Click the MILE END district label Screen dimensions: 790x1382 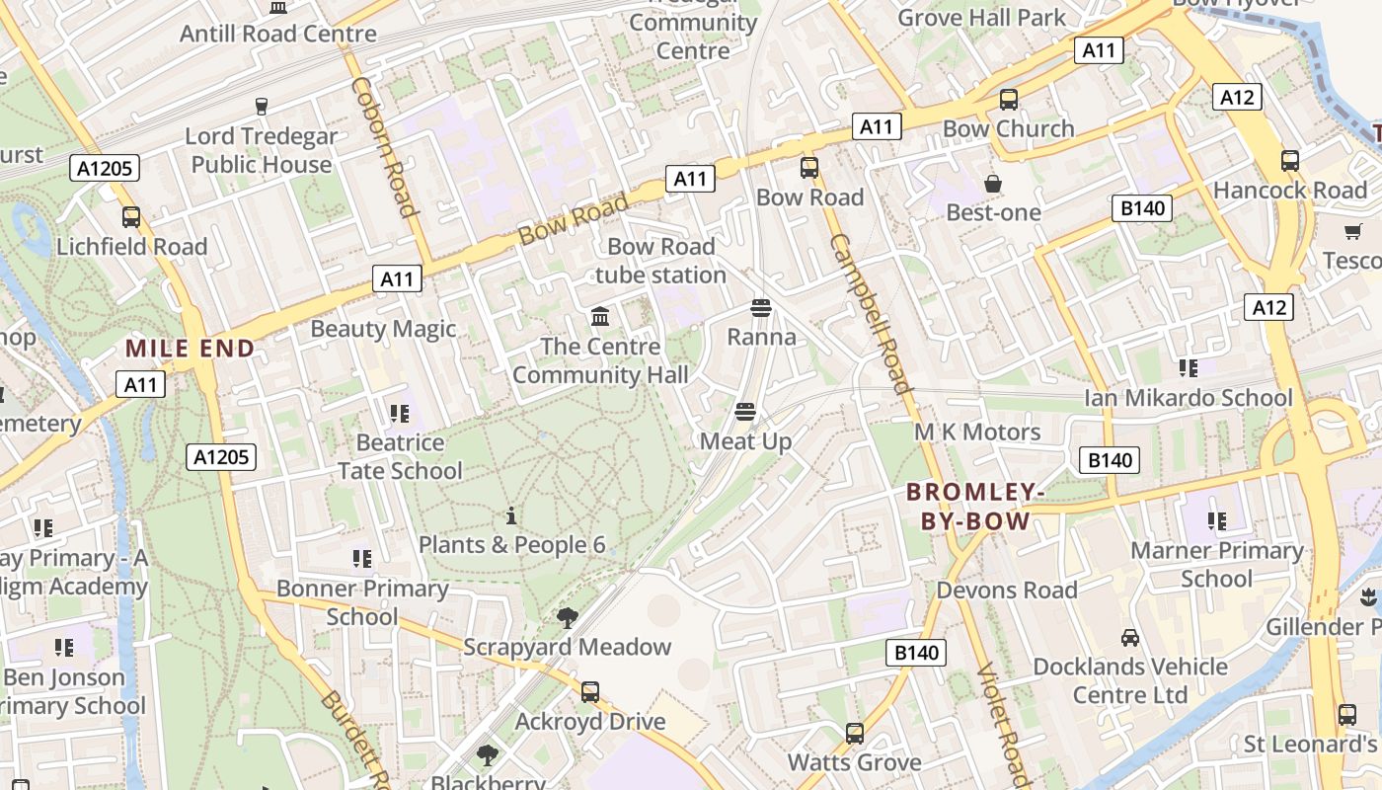point(191,348)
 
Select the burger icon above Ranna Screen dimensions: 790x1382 point(760,308)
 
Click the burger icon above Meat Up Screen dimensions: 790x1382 point(745,412)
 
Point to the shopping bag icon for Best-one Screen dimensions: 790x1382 point(993,184)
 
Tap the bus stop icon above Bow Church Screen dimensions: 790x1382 point(1008,100)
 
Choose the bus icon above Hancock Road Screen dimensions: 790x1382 point(1289,161)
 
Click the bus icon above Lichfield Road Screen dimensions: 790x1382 point(131,217)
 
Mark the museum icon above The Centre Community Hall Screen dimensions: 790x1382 point(599,317)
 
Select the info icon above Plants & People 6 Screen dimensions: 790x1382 point(511,515)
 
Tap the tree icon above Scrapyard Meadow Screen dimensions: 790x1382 point(567,618)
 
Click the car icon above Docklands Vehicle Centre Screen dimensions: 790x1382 point(1130,638)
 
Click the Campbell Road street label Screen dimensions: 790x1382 point(870,314)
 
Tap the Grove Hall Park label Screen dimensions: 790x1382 point(981,18)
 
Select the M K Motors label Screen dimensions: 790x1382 point(976,432)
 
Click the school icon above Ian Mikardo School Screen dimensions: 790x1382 point(1188,368)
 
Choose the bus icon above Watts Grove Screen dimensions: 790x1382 point(855,734)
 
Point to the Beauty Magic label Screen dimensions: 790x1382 point(383,329)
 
